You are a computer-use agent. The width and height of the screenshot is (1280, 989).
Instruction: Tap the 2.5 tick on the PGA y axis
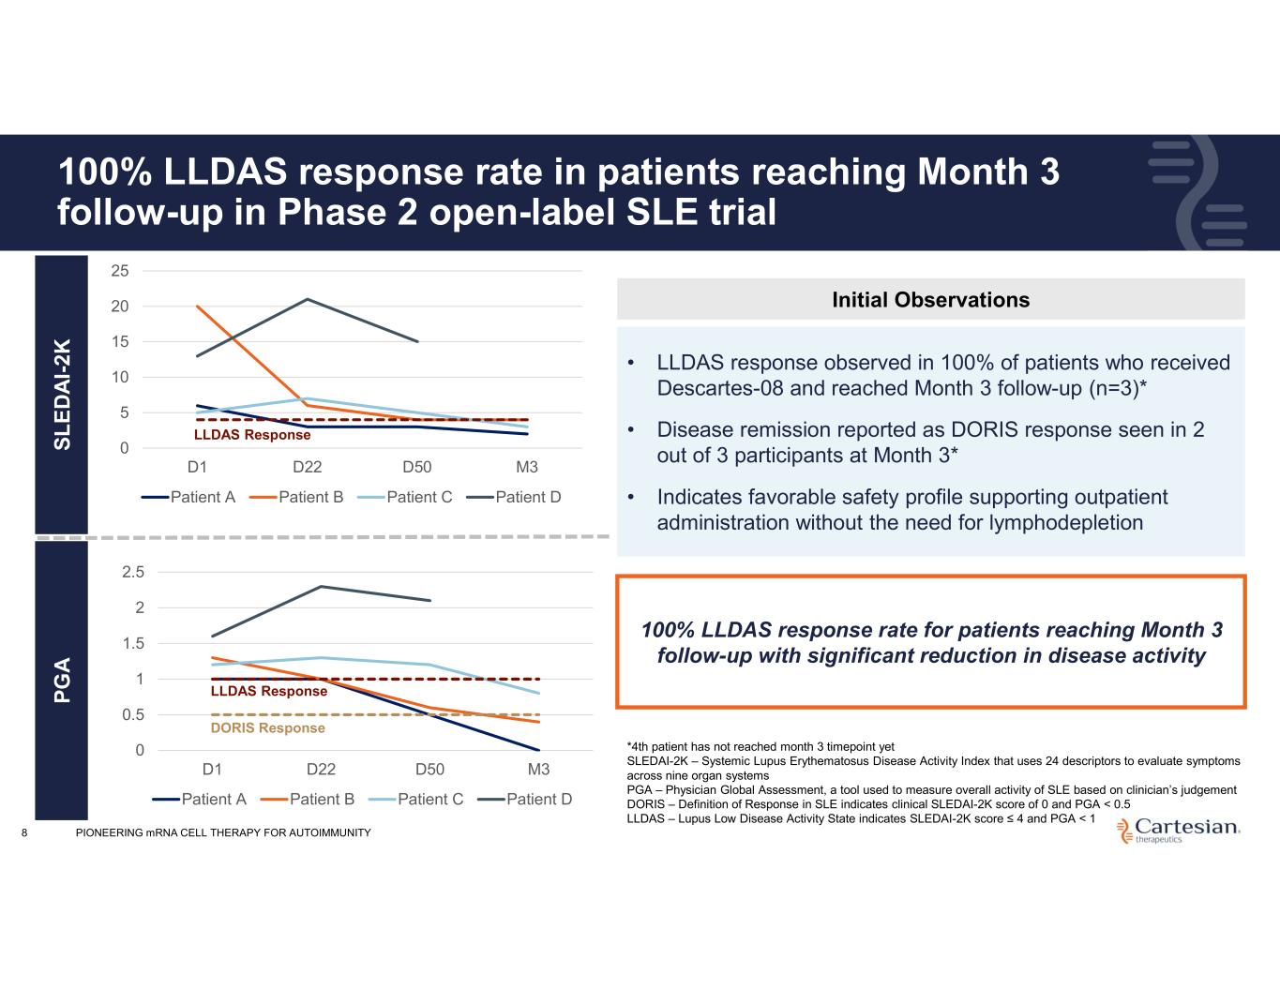tap(134, 572)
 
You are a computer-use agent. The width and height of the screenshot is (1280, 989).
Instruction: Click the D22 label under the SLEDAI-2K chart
tap(308, 467)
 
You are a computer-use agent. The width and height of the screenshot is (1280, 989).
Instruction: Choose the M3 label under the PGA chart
tap(538, 769)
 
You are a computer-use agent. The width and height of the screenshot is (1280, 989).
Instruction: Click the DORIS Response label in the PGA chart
tap(267, 728)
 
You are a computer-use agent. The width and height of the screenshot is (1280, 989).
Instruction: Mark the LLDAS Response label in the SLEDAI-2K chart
tap(252, 435)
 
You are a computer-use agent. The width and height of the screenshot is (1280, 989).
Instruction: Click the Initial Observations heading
tap(930, 300)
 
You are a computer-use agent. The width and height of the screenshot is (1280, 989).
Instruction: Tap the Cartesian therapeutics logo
tap(1179, 830)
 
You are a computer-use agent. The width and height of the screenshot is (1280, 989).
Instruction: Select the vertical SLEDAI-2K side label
tap(62, 395)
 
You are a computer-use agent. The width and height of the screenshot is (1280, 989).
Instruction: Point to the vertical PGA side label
tap(62, 681)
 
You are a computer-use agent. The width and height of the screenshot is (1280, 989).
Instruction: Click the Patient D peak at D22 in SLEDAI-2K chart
tap(308, 299)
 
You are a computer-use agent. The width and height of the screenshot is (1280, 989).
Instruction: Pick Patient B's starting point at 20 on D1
tap(197, 307)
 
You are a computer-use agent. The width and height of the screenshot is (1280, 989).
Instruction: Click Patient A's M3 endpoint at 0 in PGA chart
tap(538, 750)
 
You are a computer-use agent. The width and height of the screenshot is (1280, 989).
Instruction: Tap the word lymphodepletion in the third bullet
tap(1065, 522)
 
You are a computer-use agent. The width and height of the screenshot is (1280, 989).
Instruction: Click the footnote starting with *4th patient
tap(760, 747)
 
